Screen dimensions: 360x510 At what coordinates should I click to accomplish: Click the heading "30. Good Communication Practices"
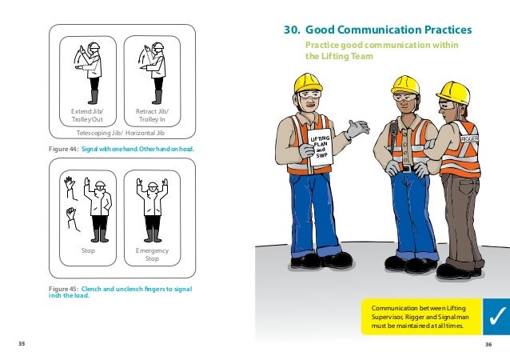coord(378,31)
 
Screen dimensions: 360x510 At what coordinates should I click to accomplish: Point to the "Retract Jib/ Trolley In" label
coord(152,115)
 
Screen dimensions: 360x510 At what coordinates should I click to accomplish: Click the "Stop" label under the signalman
coord(89,250)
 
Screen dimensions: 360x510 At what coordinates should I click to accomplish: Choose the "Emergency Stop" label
coord(152,254)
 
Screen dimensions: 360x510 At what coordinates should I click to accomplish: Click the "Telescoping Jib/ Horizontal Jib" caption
coord(120,132)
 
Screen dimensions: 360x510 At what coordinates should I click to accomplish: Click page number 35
coord(22,343)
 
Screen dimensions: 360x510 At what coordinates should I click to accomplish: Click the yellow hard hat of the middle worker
coord(406,84)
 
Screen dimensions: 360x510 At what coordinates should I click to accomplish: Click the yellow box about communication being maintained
coord(419,316)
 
